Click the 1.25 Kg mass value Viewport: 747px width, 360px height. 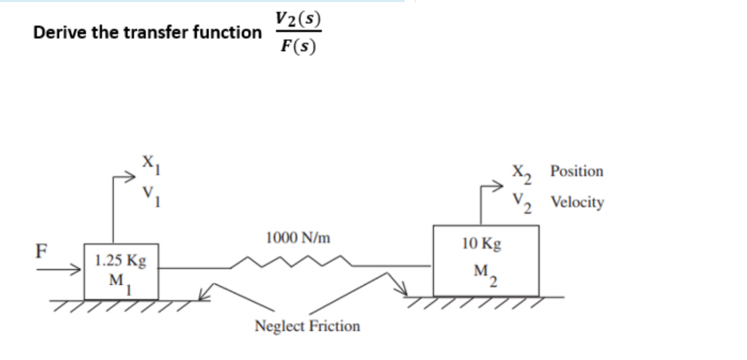pyautogui.click(x=120, y=260)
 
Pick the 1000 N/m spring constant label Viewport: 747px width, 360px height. pyautogui.click(x=298, y=237)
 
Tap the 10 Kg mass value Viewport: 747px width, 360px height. pyautogui.click(x=481, y=244)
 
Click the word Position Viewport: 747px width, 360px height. pyautogui.click(x=577, y=171)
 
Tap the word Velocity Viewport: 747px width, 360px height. pyautogui.click(x=577, y=203)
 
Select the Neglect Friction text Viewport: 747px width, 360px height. pyautogui.click(x=307, y=326)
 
